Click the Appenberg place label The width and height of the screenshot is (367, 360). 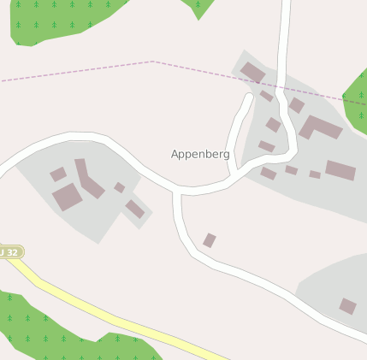click(x=200, y=155)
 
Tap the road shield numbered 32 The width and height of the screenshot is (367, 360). click(x=9, y=252)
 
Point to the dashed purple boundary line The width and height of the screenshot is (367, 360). click(x=86, y=71)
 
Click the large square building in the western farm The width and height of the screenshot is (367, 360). click(x=67, y=198)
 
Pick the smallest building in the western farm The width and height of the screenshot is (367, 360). click(x=120, y=187)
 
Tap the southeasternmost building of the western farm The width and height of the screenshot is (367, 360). click(x=135, y=209)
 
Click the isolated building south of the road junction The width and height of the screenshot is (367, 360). click(x=210, y=240)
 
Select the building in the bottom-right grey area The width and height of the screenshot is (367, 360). click(x=347, y=306)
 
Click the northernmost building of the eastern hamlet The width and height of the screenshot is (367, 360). click(x=252, y=73)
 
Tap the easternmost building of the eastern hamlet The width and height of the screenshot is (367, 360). click(x=340, y=170)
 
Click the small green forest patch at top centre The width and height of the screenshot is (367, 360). click(x=199, y=7)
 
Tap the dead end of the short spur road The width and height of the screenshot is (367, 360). click(x=250, y=97)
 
